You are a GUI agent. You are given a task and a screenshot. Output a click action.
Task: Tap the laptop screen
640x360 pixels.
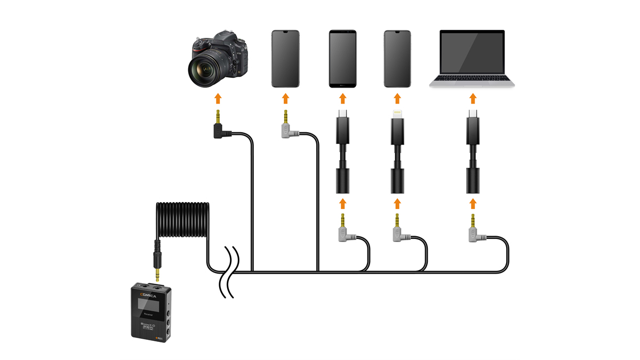click(x=472, y=54)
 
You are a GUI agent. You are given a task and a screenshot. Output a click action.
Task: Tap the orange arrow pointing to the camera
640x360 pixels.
click(x=218, y=98)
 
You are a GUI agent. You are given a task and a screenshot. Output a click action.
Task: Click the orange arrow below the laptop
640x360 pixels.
click(x=472, y=98)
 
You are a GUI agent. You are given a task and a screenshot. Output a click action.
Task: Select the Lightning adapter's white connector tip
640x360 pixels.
click(x=396, y=114)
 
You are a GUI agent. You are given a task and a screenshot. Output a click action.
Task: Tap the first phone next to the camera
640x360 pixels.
click(x=285, y=58)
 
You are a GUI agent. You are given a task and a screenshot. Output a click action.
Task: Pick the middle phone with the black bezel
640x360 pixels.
click(x=342, y=58)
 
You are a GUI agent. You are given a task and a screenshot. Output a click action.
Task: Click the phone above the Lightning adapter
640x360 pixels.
click(x=397, y=58)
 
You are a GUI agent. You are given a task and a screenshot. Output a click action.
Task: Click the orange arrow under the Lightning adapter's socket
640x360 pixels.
click(x=396, y=203)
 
